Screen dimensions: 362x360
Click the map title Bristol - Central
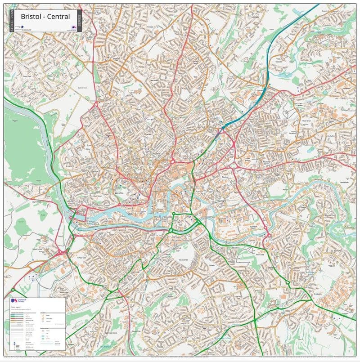point(45,17)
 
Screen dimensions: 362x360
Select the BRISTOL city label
point(119,193)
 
